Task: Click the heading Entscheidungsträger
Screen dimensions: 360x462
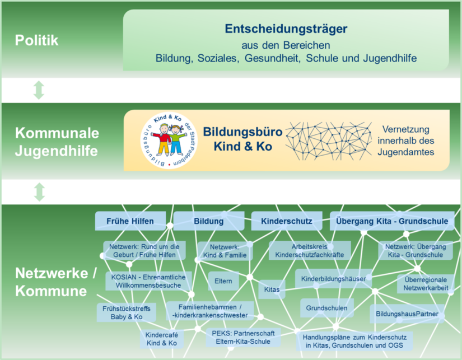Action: pos(286,29)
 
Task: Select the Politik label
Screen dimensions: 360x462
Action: pos(36,41)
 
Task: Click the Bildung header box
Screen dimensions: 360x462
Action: pos(209,221)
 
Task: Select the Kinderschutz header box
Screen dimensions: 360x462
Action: pos(287,221)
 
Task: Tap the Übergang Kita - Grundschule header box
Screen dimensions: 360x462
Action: pos(391,221)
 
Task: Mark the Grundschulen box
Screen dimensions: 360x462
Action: pos(327,308)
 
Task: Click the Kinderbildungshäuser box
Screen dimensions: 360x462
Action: pos(333,278)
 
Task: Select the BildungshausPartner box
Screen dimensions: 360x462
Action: pos(407,314)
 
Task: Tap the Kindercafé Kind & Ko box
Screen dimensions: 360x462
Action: pos(161,339)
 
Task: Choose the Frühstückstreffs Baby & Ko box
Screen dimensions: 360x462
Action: pos(127,312)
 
